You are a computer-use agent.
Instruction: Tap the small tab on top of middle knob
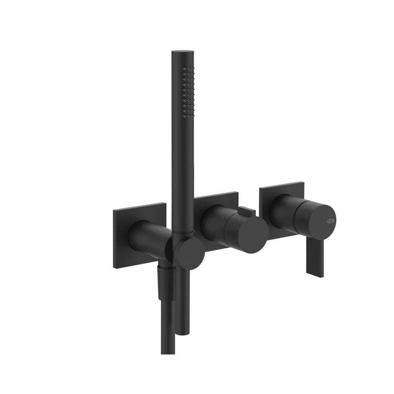click(x=250, y=214)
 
